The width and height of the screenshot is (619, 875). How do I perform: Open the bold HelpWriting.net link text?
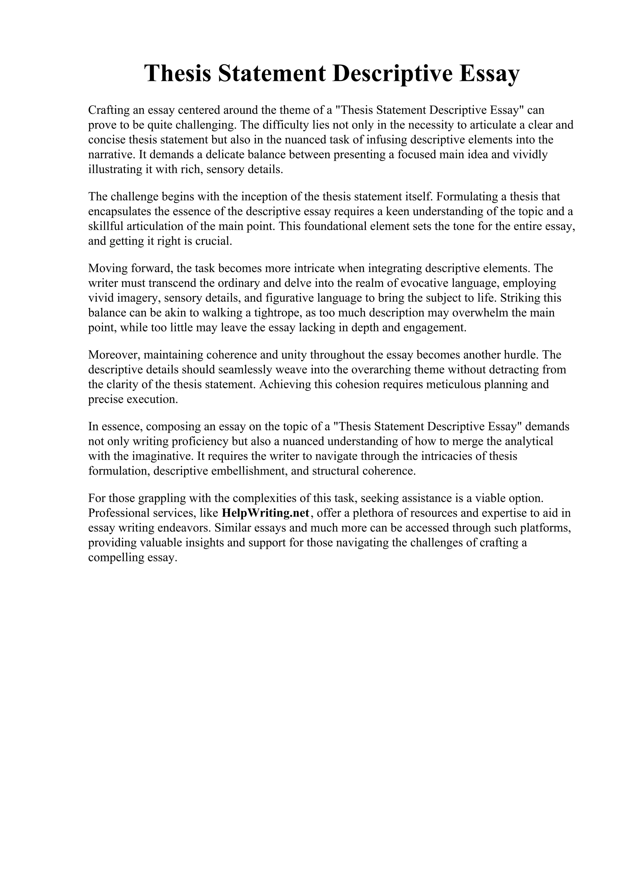[265, 513]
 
